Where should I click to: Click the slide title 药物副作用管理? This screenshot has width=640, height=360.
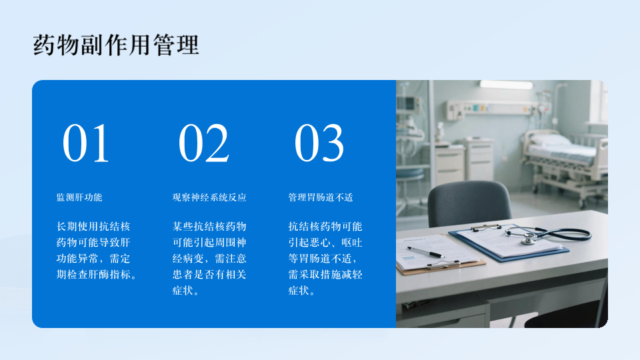coord(116,45)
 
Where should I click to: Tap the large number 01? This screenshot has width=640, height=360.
coord(86,143)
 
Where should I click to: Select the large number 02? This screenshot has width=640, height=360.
coord(203,143)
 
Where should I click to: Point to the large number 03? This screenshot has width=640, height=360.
coord(319,143)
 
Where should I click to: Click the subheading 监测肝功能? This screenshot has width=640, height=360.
coord(79,197)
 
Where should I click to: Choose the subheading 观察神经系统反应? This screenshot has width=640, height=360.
coord(209,197)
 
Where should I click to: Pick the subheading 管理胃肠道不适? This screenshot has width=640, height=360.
coord(321,197)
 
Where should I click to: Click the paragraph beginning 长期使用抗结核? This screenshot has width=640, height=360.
coord(96,251)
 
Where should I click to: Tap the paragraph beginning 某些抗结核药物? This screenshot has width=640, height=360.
coord(209,259)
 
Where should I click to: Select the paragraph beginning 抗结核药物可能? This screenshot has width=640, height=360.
coord(325,259)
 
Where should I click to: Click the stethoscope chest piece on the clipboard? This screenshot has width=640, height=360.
coord(529,239)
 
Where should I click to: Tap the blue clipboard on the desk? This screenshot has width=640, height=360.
coord(509,243)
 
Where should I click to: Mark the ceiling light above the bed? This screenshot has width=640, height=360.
coord(506,85)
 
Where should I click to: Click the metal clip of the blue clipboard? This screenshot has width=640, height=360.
coord(485,227)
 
